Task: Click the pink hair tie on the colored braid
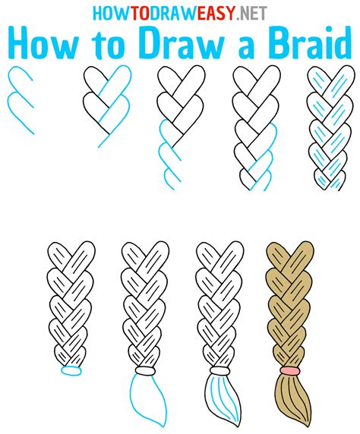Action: coord(288,370)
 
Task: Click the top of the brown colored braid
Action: coord(285,258)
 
